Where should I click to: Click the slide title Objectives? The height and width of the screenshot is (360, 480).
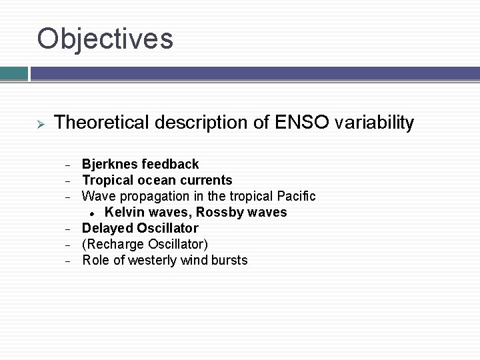click(105, 39)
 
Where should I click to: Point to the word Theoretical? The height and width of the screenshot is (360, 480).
click(102, 123)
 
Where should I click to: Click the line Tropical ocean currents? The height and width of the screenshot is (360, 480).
click(157, 180)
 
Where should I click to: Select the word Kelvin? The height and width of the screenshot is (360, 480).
click(123, 212)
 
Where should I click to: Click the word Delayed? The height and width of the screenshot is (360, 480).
click(107, 228)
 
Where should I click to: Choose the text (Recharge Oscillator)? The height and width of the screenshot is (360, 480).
click(145, 244)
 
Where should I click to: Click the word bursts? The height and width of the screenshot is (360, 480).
click(229, 260)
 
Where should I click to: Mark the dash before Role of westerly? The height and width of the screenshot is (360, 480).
click(67, 261)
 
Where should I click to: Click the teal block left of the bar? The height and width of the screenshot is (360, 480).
click(13, 73)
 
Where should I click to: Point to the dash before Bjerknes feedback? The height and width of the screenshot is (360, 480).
click(67, 165)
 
